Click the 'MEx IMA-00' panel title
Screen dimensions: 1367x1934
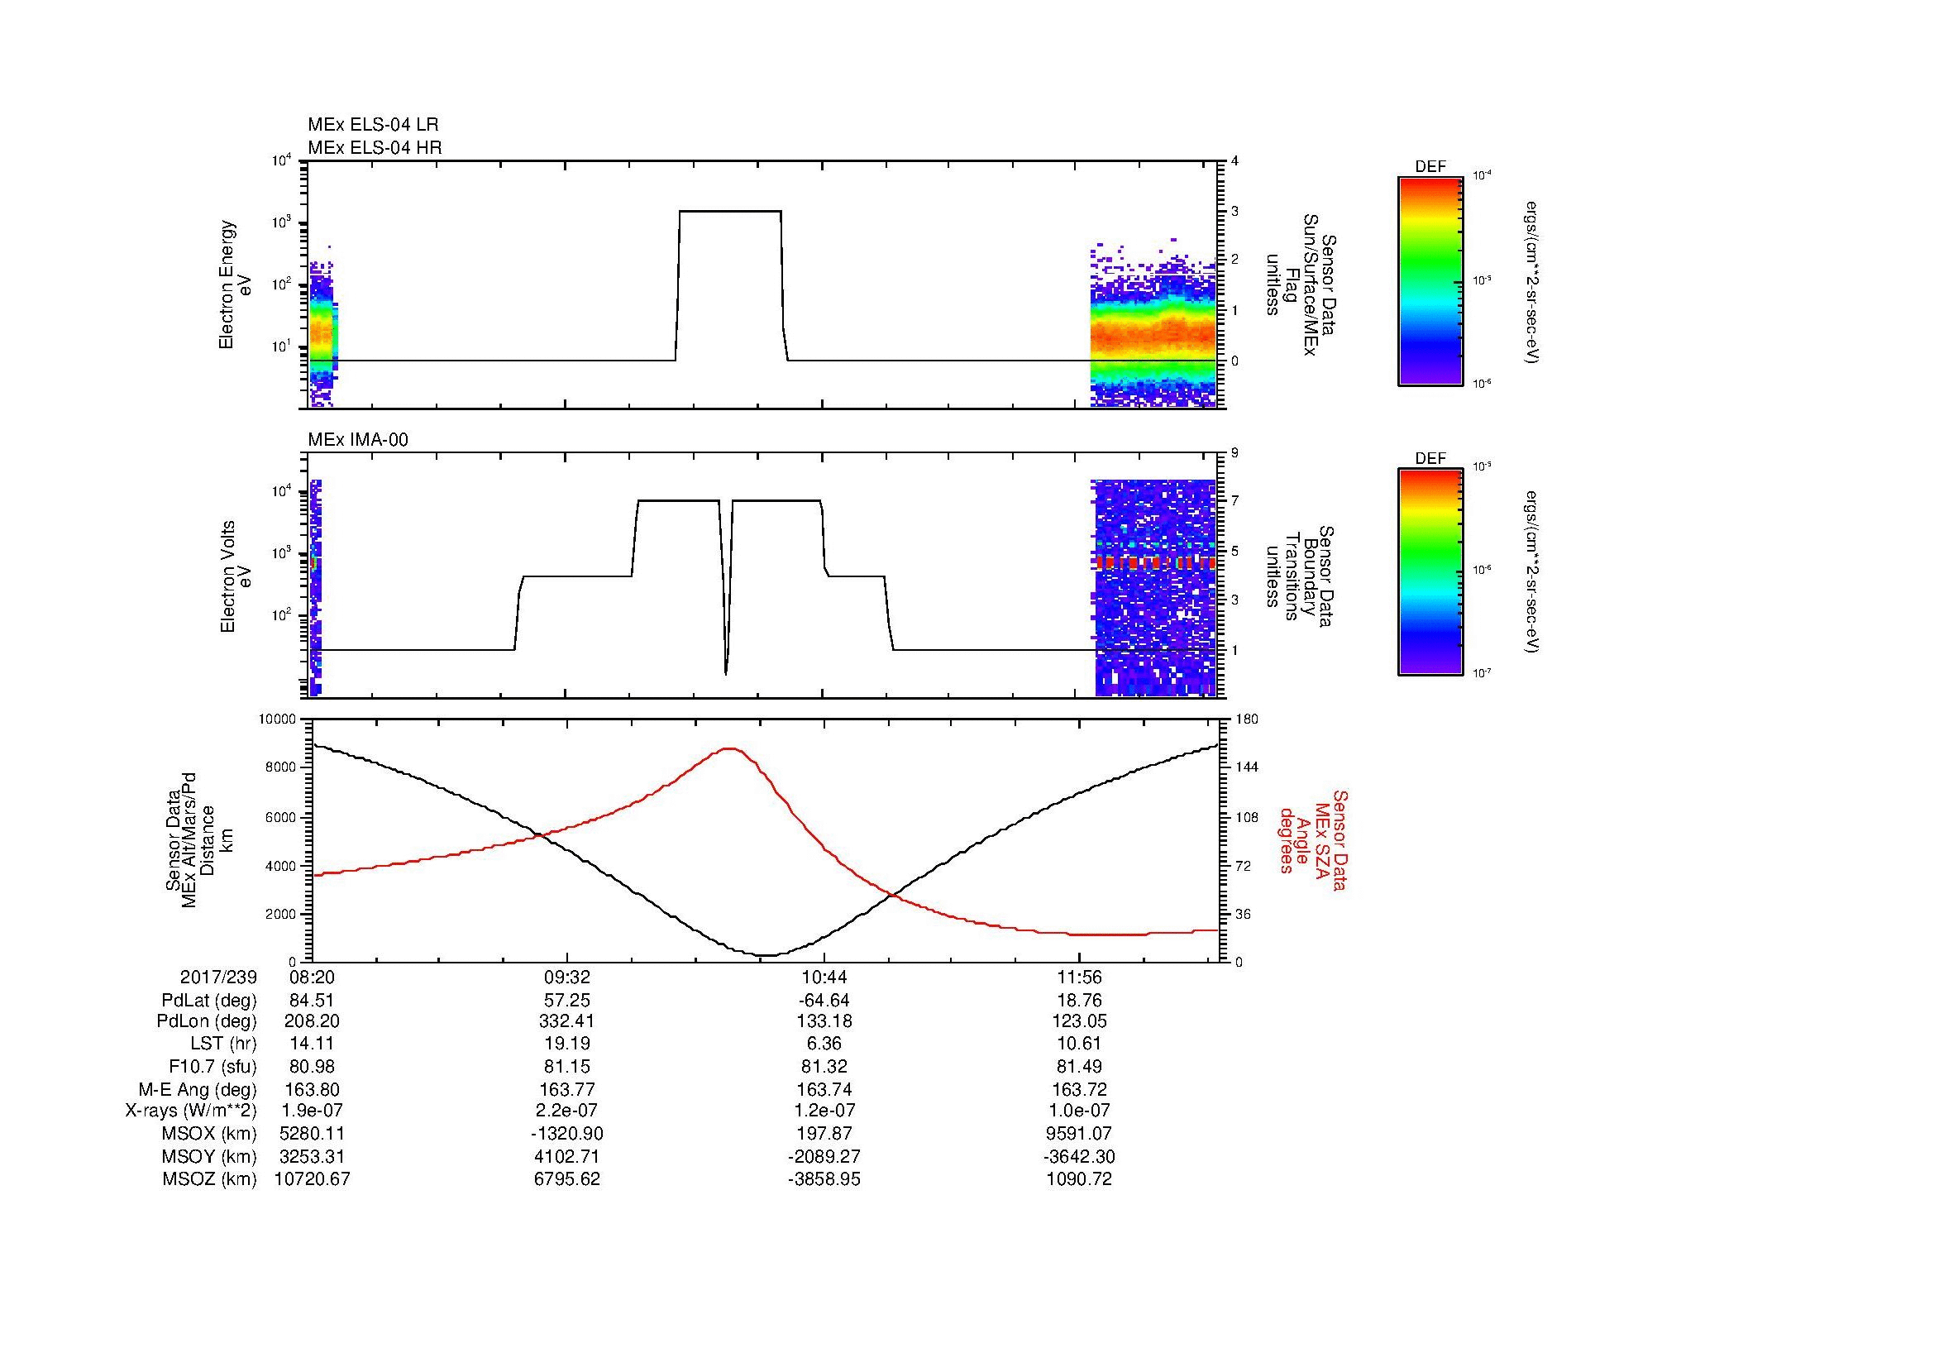click(358, 440)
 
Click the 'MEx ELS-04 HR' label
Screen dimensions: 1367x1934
click(375, 148)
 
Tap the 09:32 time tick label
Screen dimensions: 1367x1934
click(567, 977)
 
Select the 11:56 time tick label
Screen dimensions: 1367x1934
click(1079, 977)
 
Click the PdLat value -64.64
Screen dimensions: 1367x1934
click(823, 1001)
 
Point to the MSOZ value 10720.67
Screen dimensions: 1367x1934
click(312, 1179)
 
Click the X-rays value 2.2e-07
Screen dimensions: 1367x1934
click(567, 1111)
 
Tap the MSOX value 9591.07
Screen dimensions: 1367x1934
click(1079, 1134)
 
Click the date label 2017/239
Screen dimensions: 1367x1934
click(218, 977)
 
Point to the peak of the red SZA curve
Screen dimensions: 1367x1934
click(730, 748)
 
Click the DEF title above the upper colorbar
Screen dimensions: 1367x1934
click(1430, 167)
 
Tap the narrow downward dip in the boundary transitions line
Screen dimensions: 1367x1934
click(726, 670)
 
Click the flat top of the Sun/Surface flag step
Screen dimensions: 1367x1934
click(730, 212)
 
